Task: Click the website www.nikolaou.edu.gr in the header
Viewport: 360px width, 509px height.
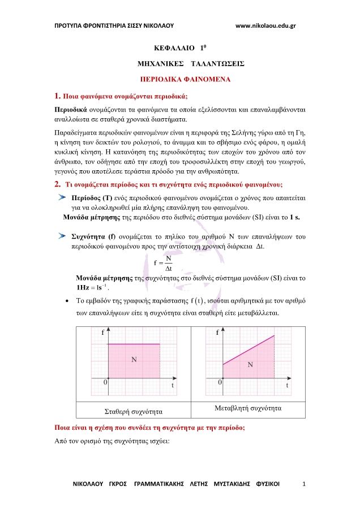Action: pyautogui.click(x=265, y=25)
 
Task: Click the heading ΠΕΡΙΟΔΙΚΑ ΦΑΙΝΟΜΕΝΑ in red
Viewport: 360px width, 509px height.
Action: pyautogui.click(x=185, y=80)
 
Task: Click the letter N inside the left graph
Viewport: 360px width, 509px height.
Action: pyautogui.click(x=134, y=359)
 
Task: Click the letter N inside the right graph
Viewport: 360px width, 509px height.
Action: pyautogui.click(x=250, y=365)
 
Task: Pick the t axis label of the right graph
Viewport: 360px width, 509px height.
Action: pyautogui.click(x=288, y=385)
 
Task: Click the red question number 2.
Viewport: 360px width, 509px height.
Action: pyautogui.click(x=57, y=184)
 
